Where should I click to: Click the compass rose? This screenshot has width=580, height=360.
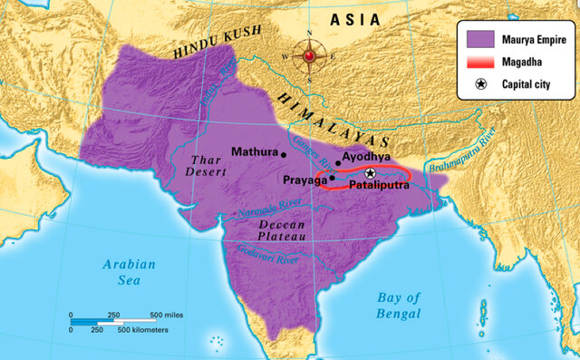tap(309, 56)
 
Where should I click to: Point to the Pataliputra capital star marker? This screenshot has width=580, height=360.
tap(370, 172)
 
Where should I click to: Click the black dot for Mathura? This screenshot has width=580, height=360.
tap(284, 154)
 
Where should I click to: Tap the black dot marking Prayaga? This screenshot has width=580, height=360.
tap(332, 178)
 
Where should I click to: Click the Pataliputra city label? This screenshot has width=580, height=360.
tap(379, 185)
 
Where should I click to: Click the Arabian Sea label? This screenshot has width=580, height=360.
tap(129, 272)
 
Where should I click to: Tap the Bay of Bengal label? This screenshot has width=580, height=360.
tap(399, 306)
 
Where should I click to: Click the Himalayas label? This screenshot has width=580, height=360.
tap(335, 118)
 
